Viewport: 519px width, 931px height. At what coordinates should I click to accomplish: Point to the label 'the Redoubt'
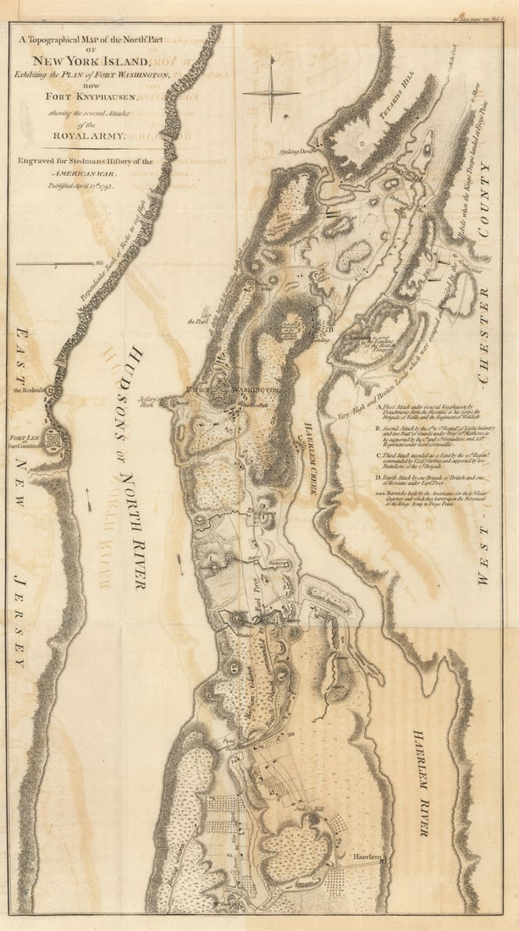point(28,391)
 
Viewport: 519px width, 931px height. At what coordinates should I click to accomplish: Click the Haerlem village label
point(368,858)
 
